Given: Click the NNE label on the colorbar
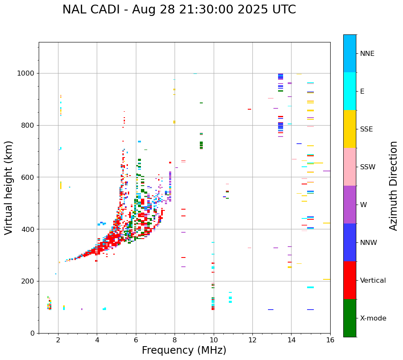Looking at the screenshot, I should pos(367,54).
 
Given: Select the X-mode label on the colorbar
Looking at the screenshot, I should pos(373,318).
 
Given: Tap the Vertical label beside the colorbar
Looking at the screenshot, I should pos(373,281).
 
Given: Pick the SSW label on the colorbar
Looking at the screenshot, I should pos(368,167).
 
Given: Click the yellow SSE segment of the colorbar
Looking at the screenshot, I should pos(350,129).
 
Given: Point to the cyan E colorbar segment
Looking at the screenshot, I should pos(350,91).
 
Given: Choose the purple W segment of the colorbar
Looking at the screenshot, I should pos(350,205).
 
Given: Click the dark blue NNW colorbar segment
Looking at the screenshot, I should pos(350,242).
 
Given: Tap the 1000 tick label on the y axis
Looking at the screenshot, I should pos(26,74).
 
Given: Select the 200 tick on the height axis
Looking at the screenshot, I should pos(28,281).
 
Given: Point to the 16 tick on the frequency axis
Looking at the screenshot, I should pos(330,340).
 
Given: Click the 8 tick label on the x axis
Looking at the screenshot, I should pos(175,340).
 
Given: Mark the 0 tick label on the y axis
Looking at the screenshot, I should pos(32,333).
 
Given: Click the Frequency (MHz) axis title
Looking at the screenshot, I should pos(184,351).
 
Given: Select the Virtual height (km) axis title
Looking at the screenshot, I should pos(9,188).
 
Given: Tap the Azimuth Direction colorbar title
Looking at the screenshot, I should pos(394,186).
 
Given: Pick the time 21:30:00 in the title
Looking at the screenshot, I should pos(186,10).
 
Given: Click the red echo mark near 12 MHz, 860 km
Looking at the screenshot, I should pos(249,109).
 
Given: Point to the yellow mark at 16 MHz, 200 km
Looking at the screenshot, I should pos(326,279).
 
